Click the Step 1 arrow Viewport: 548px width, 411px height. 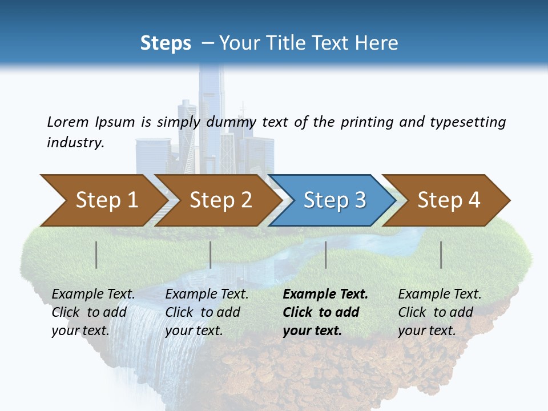coord(103,200)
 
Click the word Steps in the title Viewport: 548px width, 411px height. coord(166,43)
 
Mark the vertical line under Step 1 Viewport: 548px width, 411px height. coord(96,255)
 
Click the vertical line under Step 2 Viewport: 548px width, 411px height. coord(211,255)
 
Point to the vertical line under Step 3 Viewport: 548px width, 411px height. coord(325,255)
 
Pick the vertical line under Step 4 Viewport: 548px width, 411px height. coord(441,255)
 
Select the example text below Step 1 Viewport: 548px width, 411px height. coord(93,312)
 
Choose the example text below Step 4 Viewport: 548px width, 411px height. coord(440,312)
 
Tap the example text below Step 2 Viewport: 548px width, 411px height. coord(207,312)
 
